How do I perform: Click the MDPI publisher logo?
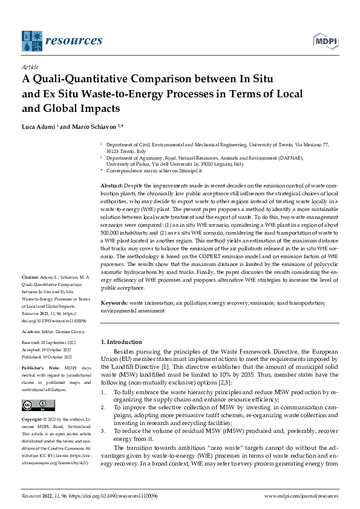click(325, 41)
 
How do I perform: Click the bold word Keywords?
click(114, 302)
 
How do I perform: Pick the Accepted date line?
click(51, 349)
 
